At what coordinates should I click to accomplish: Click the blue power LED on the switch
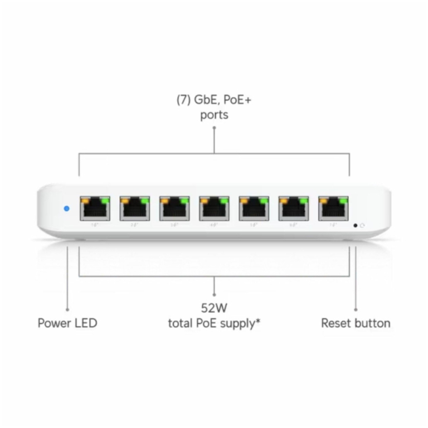tap(67, 208)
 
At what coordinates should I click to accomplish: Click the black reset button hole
tap(356, 226)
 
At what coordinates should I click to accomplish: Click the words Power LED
tap(67, 323)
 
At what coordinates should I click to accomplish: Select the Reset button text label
tap(356, 323)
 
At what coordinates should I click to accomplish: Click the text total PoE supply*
tap(215, 323)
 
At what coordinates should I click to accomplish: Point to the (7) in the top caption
tap(184, 101)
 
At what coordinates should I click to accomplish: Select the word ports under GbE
tap(214, 115)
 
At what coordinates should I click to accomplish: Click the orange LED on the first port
tap(85, 200)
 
